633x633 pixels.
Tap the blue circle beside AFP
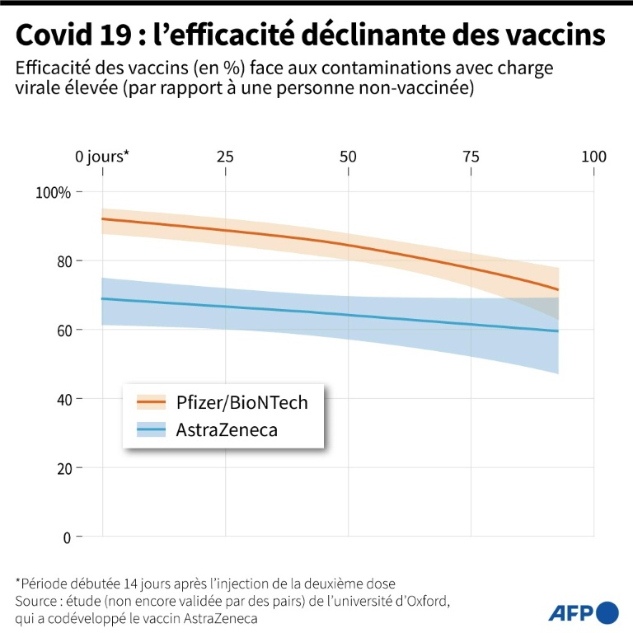point(607,612)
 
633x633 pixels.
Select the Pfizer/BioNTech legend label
point(241,402)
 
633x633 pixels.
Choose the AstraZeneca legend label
point(227,429)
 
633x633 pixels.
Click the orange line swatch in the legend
point(152,402)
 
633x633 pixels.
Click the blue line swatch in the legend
point(152,429)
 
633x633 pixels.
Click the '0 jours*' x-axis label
point(103,157)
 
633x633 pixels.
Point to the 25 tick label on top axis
point(225,157)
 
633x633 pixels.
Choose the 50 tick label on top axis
point(348,157)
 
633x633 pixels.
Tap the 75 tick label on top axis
point(471,157)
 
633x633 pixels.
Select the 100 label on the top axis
point(593,157)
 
